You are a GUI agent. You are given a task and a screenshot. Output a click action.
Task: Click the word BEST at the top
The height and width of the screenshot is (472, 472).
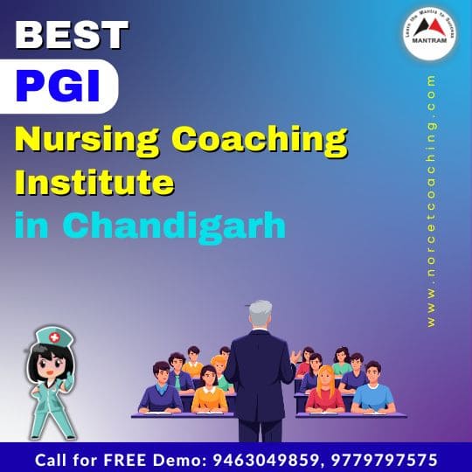click(73, 34)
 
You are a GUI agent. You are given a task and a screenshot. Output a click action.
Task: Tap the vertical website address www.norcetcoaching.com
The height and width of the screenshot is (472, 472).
click(432, 201)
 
